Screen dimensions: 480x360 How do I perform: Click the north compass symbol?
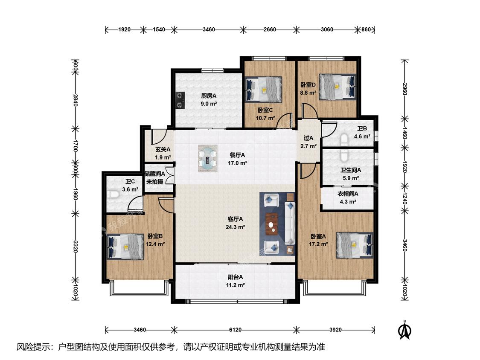click(x=404, y=330)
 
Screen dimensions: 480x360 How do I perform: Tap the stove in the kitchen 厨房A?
click(x=180, y=101)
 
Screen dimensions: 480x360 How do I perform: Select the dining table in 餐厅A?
click(x=207, y=158)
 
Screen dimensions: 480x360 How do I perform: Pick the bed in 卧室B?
click(x=125, y=247)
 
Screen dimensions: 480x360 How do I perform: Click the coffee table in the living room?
click(x=271, y=224)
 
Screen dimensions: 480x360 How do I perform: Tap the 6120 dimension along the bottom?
click(x=235, y=330)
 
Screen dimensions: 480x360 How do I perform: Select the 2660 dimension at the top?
click(x=270, y=29)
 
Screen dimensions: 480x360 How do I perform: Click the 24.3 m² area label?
click(x=235, y=227)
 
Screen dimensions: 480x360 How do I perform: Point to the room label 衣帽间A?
click(x=348, y=194)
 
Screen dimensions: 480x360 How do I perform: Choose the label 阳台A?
click(x=235, y=277)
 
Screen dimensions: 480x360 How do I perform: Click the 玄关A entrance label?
click(x=163, y=149)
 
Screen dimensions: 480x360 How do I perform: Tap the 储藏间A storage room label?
click(x=155, y=174)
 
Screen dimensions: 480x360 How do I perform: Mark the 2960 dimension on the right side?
click(x=405, y=89)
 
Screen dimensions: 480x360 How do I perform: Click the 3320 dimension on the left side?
click(x=76, y=247)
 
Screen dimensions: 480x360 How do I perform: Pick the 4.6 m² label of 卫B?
click(x=362, y=136)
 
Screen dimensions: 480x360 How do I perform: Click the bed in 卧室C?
click(x=264, y=89)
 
